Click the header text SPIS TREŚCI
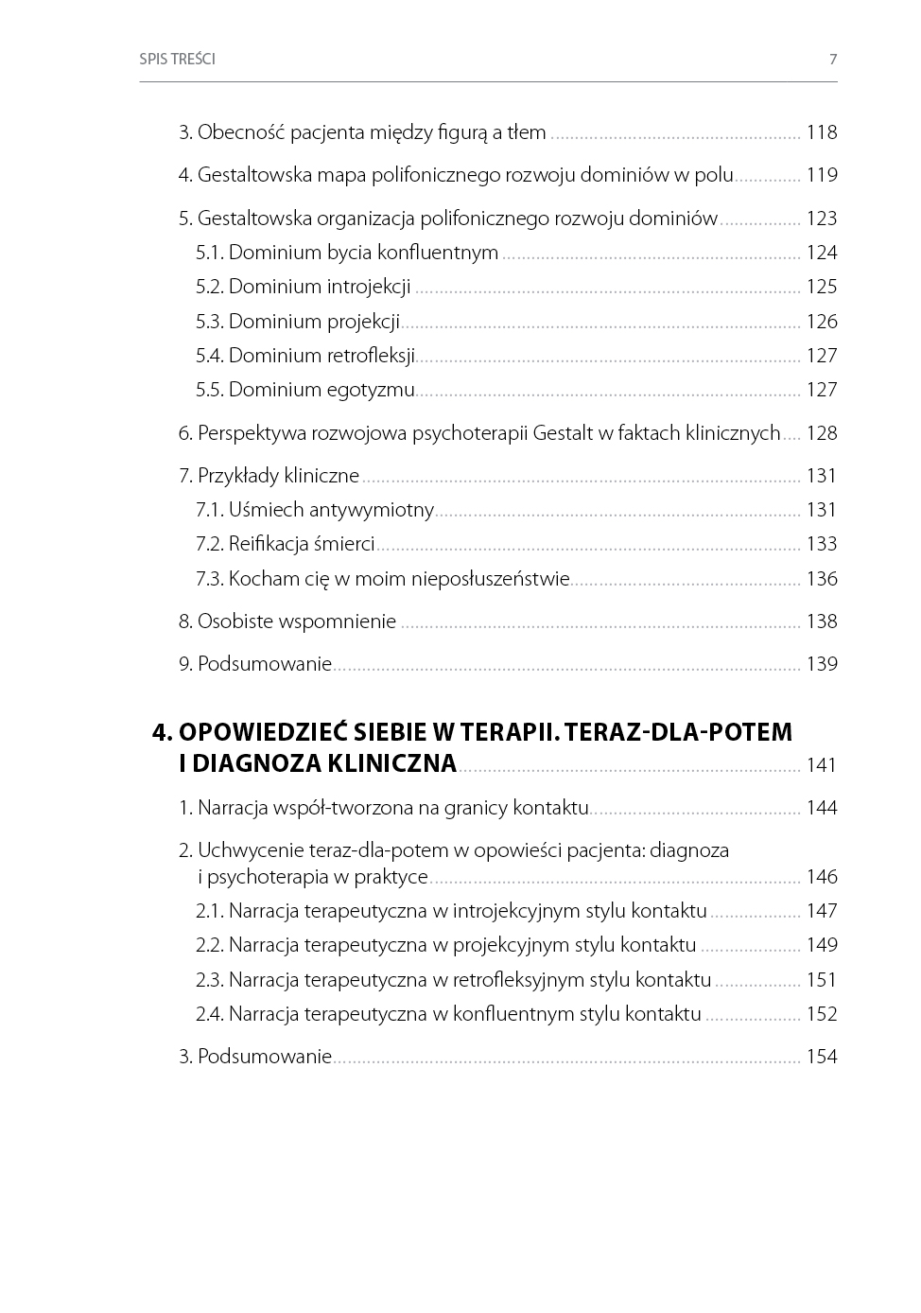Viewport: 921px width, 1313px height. coord(177,59)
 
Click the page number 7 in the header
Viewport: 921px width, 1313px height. coord(833,59)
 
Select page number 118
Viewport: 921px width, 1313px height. coord(821,132)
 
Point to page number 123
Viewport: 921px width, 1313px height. coord(821,219)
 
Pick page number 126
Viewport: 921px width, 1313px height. coord(821,322)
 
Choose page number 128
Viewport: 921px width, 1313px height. coord(821,433)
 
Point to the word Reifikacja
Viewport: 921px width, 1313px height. coord(269,544)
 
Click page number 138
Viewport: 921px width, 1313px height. coord(821,621)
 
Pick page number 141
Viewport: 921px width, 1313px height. coord(821,765)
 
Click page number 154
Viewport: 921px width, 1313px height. coord(821,1057)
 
